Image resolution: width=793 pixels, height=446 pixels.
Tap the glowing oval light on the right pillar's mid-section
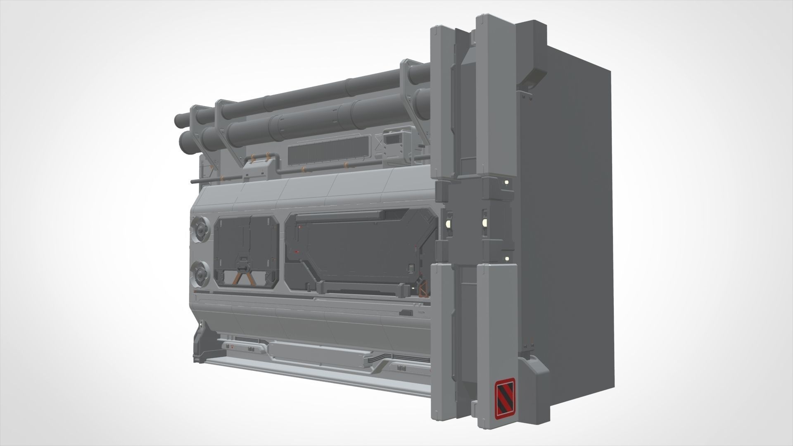point(484,223)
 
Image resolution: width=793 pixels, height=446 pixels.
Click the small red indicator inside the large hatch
point(297,251)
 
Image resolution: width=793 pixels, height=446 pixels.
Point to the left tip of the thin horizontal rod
point(192,181)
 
